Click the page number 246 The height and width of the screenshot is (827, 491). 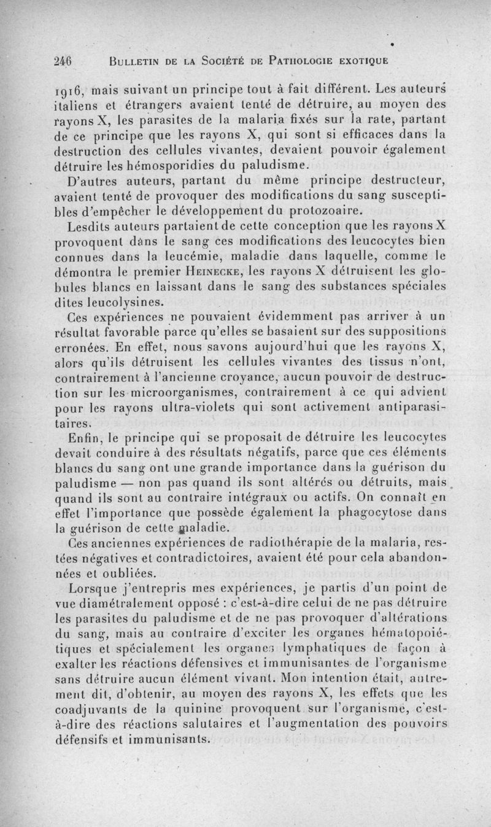tap(63, 60)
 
